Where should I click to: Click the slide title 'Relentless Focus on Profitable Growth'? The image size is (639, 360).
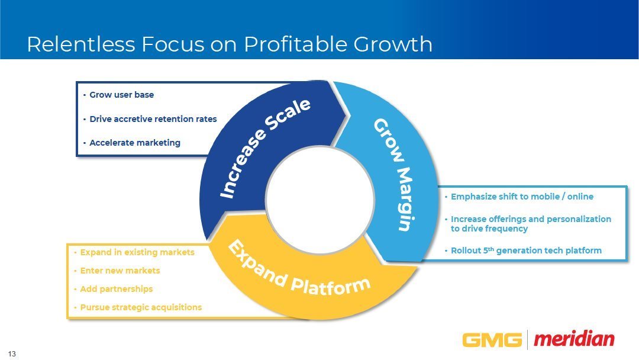[x=230, y=44]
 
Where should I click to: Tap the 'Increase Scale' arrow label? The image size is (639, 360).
[x=265, y=148]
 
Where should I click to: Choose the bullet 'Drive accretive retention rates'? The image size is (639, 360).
[x=153, y=119]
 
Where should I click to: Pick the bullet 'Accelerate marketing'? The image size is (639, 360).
[x=135, y=143]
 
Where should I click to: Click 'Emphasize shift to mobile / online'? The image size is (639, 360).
[x=522, y=197]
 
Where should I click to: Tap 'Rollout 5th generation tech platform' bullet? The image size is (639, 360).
[x=526, y=250]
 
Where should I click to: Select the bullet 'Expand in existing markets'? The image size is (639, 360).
[x=137, y=252]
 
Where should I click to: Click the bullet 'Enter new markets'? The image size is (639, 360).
[x=120, y=271]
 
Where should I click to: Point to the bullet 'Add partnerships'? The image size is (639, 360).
[x=116, y=289]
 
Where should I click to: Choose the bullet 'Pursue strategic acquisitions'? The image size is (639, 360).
[x=141, y=307]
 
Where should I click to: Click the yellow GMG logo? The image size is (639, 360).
[x=492, y=340]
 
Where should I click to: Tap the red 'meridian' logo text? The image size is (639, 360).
[x=574, y=339]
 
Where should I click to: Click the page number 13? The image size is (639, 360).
[x=12, y=354]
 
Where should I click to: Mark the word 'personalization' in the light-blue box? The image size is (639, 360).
[x=579, y=219]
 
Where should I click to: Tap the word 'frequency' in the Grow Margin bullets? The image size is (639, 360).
[x=505, y=229]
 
